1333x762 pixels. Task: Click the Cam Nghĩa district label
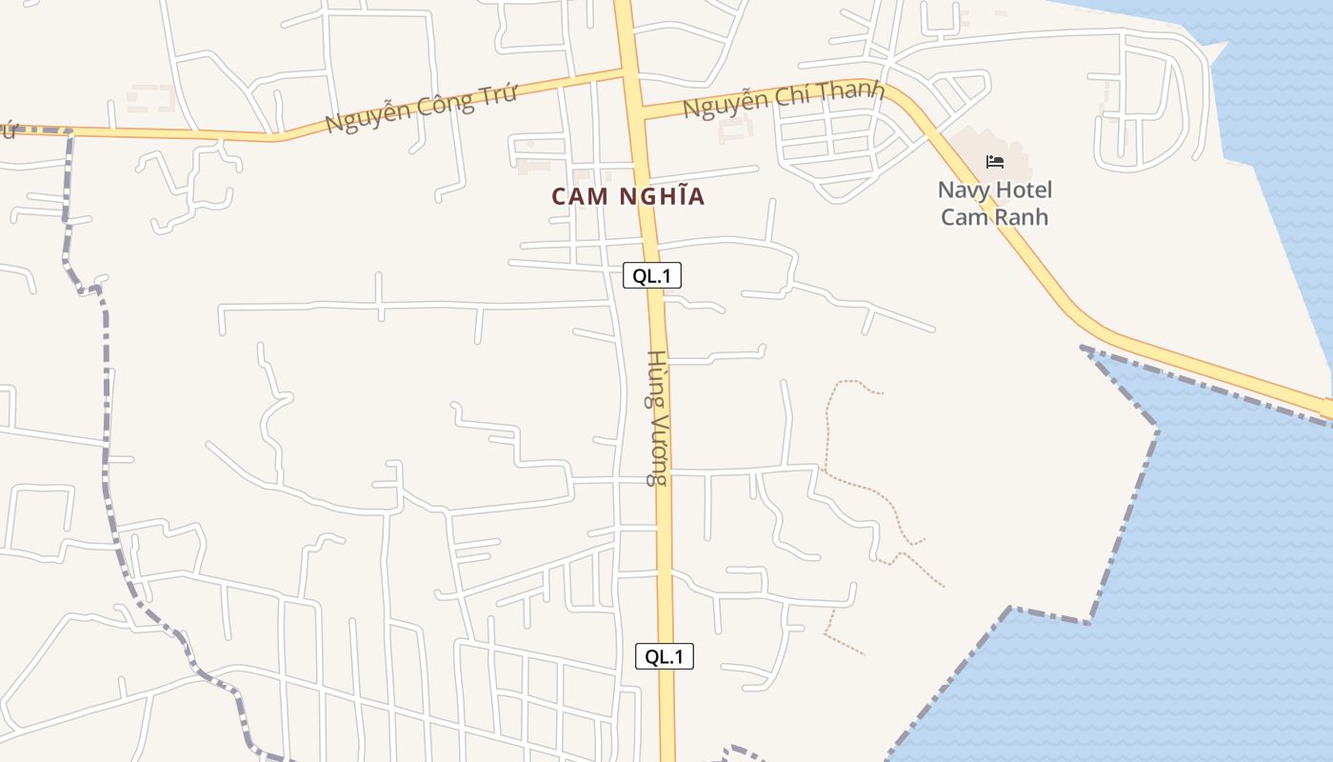click(628, 196)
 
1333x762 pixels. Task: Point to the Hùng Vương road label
click(657, 418)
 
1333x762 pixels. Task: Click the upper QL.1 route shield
click(652, 276)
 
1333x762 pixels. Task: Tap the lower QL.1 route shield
click(665, 656)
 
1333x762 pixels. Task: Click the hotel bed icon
click(995, 162)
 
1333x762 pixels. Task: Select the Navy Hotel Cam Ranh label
click(995, 203)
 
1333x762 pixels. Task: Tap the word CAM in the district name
click(576, 196)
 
